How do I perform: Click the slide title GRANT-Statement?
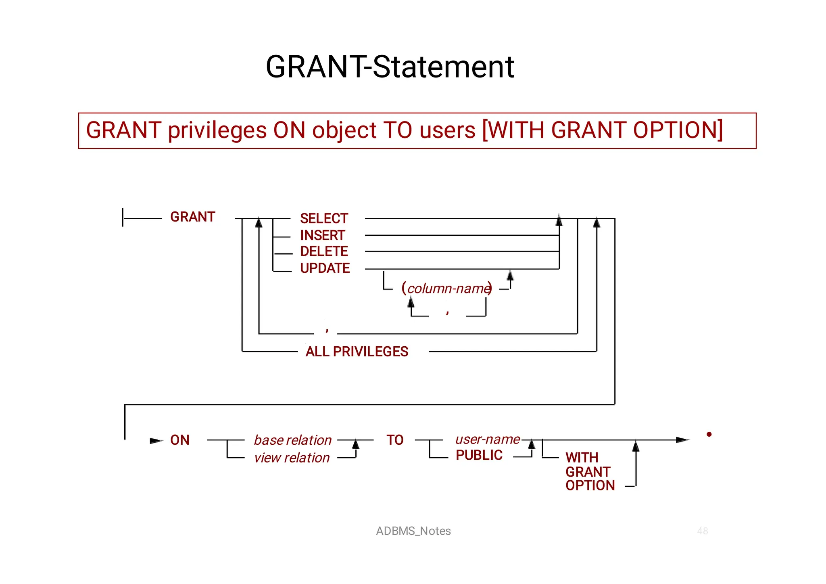click(x=390, y=67)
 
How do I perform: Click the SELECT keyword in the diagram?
click(x=324, y=218)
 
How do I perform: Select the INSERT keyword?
click(x=322, y=235)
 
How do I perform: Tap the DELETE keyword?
click(x=324, y=251)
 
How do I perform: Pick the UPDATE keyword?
click(x=325, y=268)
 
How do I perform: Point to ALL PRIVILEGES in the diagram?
click(x=357, y=352)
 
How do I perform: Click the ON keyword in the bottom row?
click(x=180, y=440)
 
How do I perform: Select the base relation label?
click(x=293, y=440)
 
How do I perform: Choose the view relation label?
click(x=292, y=458)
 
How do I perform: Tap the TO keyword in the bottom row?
click(x=395, y=440)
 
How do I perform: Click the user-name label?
click(x=487, y=439)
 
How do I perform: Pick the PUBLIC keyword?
click(x=479, y=455)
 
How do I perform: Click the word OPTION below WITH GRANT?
click(x=590, y=486)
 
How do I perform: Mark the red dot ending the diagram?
click(x=709, y=434)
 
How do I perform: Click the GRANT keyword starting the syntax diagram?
click(x=193, y=217)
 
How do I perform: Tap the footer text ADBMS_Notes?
click(x=413, y=531)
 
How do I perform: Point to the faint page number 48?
click(x=702, y=531)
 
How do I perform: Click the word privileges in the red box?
click(x=217, y=130)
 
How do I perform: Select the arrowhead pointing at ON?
click(x=156, y=440)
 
